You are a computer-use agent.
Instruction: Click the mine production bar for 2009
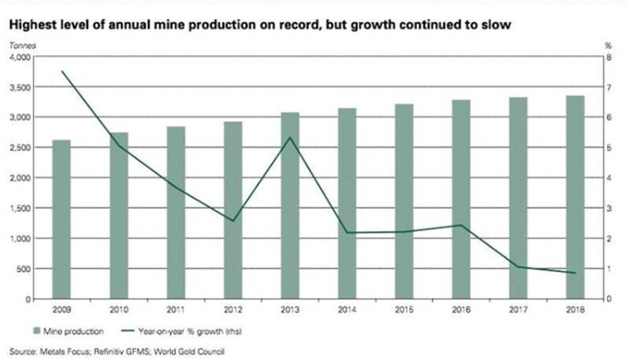click(61, 219)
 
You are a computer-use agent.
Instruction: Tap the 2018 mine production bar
click(576, 197)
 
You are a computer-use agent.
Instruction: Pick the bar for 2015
click(405, 201)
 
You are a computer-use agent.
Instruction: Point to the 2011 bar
click(176, 212)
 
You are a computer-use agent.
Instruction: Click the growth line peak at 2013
click(290, 138)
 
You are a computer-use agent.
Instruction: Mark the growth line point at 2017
click(518, 266)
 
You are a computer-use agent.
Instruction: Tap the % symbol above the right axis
click(608, 46)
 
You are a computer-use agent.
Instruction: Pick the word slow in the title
click(497, 26)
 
